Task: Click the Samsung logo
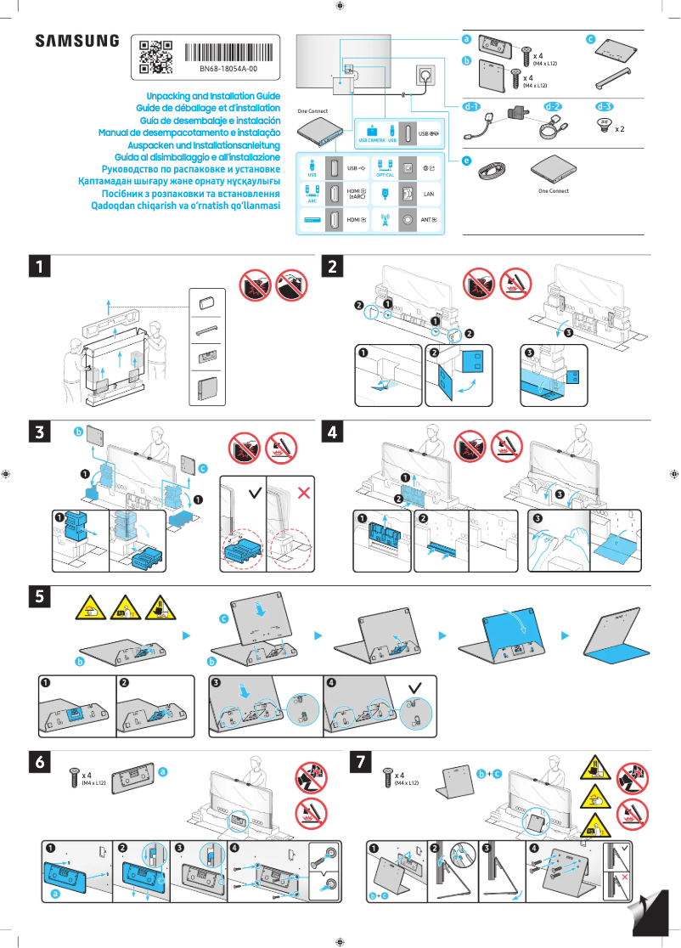coord(77,40)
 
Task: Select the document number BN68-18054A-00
coord(228,69)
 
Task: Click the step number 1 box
coord(38,266)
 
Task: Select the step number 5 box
coord(38,597)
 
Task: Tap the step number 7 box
coord(361,763)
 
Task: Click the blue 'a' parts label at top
coord(466,40)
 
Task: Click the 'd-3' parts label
coord(605,107)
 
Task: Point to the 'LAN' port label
coord(430,195)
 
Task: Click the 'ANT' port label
coord(429,221)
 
